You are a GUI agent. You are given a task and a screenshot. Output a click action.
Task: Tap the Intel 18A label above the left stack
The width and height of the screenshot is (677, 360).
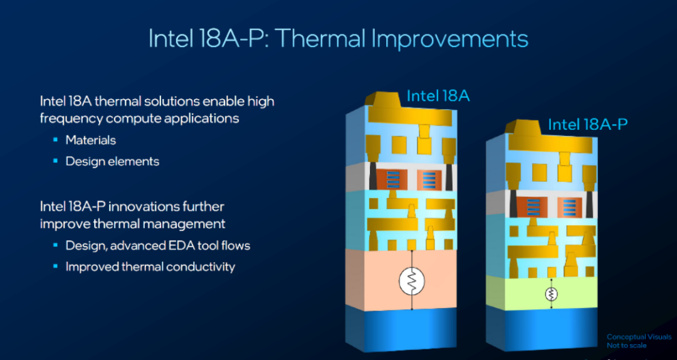point(438,95)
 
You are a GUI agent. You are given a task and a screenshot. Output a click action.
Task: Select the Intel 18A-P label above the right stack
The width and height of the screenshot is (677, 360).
point(587,124)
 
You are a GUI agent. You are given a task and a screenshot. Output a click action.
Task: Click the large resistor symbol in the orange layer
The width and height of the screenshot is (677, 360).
point(411,282)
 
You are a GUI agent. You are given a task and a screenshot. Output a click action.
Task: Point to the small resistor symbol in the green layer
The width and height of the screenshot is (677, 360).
point(551,294)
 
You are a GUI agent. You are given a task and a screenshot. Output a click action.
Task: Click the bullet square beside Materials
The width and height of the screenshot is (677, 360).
point(55,140)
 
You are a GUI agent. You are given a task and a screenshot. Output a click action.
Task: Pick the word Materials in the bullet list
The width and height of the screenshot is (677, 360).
point(91,140)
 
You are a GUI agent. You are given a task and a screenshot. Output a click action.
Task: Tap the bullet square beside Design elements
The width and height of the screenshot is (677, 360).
point(55,161)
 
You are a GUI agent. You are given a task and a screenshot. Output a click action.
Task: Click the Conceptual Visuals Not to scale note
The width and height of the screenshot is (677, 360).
point(639,341)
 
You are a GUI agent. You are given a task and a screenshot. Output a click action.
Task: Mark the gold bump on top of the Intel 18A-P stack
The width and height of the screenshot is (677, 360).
point(524,127)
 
